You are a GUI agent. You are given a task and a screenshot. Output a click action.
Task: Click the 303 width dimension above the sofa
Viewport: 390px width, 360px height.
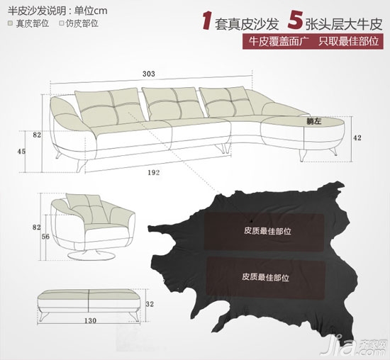coord(149,74)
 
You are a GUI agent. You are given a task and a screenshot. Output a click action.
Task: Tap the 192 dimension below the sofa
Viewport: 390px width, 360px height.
coord(154,172)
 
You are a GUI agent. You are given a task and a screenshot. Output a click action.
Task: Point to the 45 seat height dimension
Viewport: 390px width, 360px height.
coord(21,151)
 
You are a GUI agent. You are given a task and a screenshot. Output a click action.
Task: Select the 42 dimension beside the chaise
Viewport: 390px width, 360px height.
coord(357,137)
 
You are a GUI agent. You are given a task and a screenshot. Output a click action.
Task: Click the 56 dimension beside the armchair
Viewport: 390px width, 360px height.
coord(45,237)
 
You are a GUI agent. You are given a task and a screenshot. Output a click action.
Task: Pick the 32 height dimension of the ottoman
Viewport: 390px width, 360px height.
coord(150,304)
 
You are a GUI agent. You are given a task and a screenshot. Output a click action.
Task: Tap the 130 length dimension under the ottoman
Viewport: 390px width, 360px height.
coord(90,320)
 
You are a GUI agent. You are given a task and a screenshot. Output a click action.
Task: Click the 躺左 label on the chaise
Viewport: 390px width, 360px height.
coord(314,121)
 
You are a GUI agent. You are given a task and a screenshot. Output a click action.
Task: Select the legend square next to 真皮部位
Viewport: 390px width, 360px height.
coord(10,23)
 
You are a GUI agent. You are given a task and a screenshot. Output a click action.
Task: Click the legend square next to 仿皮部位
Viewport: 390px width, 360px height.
coord(62,23)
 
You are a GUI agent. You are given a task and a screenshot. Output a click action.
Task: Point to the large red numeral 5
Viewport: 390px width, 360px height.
coord(295,21)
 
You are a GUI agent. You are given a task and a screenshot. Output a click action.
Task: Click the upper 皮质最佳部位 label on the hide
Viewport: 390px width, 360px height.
coord(267,231)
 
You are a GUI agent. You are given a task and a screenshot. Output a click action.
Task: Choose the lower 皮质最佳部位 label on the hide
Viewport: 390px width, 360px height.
coord(266,277)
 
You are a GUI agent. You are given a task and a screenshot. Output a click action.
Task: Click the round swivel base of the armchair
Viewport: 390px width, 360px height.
coord(91,256)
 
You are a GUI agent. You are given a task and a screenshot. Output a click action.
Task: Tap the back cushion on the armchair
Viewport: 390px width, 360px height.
coord(87,209)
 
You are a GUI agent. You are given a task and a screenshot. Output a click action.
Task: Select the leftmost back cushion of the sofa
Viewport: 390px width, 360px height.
coord(108,107)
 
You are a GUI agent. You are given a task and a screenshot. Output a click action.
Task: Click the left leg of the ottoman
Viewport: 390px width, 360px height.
coord(44,316)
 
